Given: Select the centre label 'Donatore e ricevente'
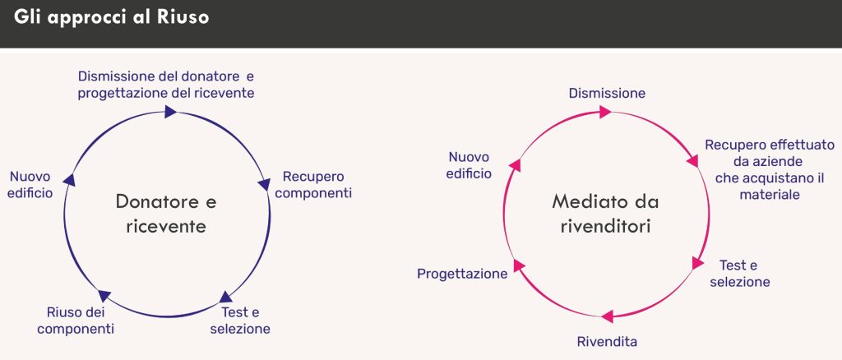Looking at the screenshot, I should (x=166, y=213).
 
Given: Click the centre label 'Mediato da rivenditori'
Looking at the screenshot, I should (x=606, y=213).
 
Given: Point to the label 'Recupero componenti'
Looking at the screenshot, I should (x=317, y=185).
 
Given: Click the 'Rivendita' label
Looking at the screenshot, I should (x=607, y=341).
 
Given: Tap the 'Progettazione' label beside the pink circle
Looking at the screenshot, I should (x=462, y=274).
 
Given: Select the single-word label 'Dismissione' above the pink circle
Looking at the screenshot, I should (x=607, y=94).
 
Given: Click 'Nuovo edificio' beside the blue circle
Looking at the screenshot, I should (x=30, y=185).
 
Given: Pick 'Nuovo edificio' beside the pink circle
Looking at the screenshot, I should (x=469, y=165).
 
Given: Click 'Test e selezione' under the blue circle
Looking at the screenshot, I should (x=240, y=321).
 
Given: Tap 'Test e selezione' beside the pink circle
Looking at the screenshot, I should (x=741, y=274).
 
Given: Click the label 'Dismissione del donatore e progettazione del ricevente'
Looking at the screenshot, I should (x=166, y=85).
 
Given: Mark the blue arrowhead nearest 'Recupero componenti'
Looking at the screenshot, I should (x=264, y=185).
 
